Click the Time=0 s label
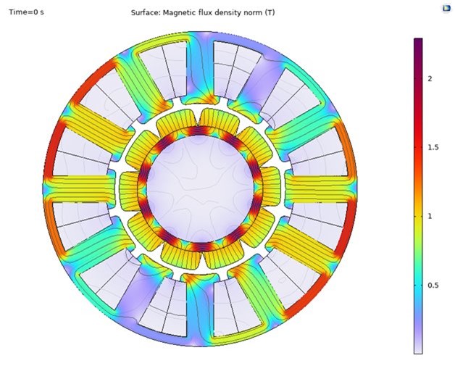point(26,12)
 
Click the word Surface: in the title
point(146,13)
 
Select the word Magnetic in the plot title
point(178,13)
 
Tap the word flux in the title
point(200,13)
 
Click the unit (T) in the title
point(270,13)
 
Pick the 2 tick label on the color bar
point(430,79)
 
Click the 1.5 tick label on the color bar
point(433,147)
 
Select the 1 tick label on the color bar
point(430,216)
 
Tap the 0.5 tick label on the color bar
point(433,286)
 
